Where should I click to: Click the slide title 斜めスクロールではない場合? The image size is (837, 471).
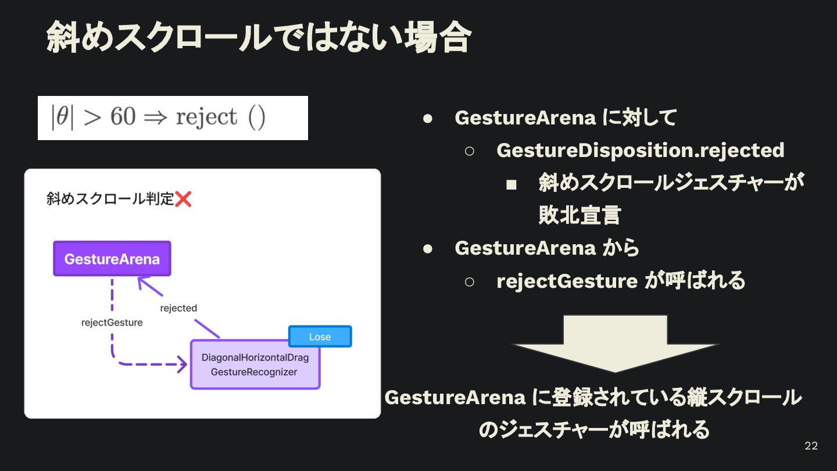(x=258, y=38)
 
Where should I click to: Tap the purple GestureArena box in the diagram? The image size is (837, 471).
(x=112, y=259)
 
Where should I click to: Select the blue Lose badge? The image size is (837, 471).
(x=320, y=337)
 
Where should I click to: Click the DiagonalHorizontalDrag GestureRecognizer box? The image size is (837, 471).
(x=255, y=365)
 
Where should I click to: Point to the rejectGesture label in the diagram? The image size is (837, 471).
(x=112, y=322)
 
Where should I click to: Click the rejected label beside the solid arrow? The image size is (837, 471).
(x=178, y=308)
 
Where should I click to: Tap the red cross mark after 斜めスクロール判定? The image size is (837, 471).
(x=183, y=199)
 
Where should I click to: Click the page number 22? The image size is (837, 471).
(x=811, y=446)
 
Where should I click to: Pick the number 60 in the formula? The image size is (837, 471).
(x=123, y=117)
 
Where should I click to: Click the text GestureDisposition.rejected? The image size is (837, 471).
(x=640, y=150)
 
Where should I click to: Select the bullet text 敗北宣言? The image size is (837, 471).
(x=580, y=215)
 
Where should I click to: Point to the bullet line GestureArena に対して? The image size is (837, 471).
(x=566, y=117)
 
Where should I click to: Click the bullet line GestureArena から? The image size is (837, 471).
(x=547, y=248)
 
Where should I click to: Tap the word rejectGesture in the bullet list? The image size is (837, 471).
(x=567, y=281)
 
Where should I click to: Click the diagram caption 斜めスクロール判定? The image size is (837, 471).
(x=110, y=199)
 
